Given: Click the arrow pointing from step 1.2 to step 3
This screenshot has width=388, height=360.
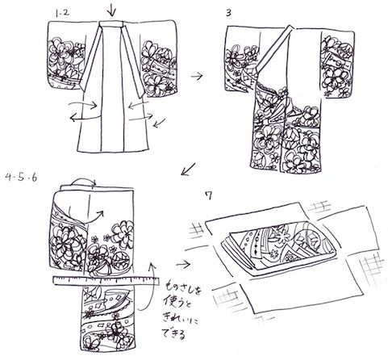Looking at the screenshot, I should (194, 74).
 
